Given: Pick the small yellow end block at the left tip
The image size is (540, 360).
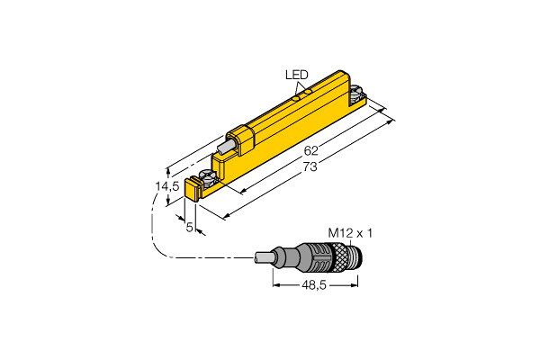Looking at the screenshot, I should coord(193,189).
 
